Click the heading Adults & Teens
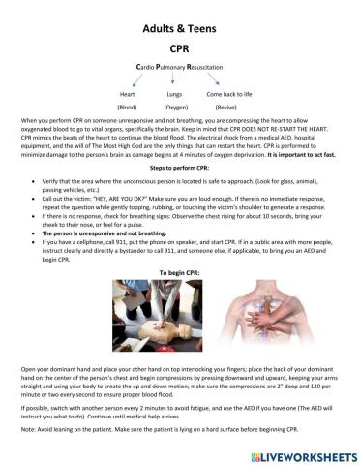[179, 28]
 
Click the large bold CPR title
[179, 46]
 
